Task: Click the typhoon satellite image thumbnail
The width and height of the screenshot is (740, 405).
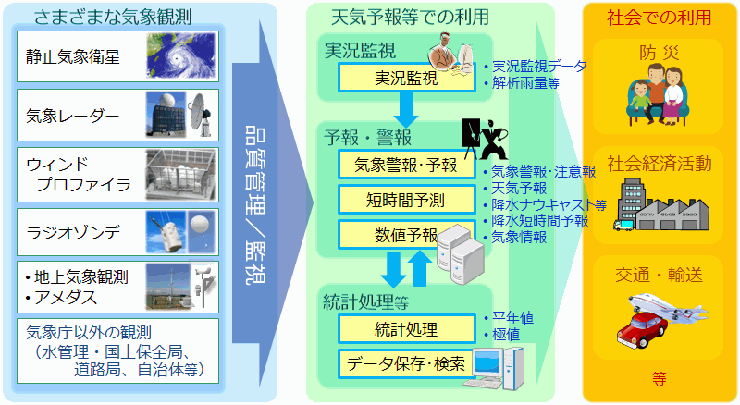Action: (181, 55)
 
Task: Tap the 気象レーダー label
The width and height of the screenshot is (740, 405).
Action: (73, 116)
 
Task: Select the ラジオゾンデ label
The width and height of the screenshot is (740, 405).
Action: (74, 231)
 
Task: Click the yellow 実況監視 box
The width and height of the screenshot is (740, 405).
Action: (405, 78)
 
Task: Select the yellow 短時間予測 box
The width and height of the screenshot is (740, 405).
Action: (405, 198)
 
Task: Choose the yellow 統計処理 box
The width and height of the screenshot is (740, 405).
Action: (405, 328)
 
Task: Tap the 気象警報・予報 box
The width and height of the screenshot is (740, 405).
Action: (405, 166)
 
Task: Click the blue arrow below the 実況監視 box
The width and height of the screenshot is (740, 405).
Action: (405, 111)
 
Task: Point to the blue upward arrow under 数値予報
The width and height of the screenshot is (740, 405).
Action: (419, 267)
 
